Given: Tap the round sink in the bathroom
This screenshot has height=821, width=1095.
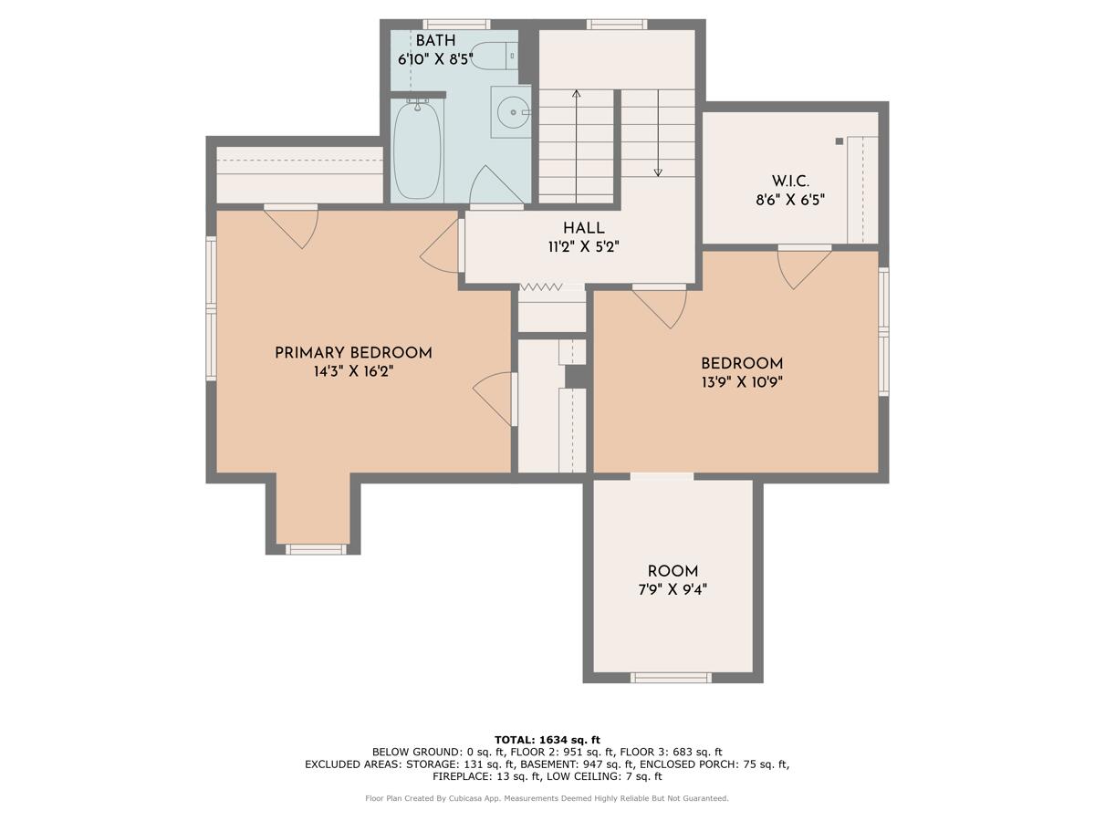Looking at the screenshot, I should click(514, 112).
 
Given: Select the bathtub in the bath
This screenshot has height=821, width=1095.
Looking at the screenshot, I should click(418, 149).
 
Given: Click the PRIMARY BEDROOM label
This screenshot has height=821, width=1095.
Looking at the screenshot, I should click(353, 353).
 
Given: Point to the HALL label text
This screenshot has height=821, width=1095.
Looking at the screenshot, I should click(583, 228).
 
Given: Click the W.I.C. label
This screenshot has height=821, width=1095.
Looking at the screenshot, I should click(790, 182).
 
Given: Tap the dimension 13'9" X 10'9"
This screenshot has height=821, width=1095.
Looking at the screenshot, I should click(741, 381).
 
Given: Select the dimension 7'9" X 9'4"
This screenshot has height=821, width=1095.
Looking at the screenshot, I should click(673, 589).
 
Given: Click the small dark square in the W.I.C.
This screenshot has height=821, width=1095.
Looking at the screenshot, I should click(839, 141).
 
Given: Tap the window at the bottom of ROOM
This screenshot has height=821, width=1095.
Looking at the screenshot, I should click(671, 677).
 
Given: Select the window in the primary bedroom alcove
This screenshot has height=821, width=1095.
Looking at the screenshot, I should click(316, 549).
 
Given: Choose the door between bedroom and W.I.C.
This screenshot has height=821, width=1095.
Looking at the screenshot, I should click(803, 265).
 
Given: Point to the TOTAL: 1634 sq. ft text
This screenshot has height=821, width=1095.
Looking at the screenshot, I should click(547, 739).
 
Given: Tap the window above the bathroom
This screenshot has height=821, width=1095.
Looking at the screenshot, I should click(456, 24).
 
